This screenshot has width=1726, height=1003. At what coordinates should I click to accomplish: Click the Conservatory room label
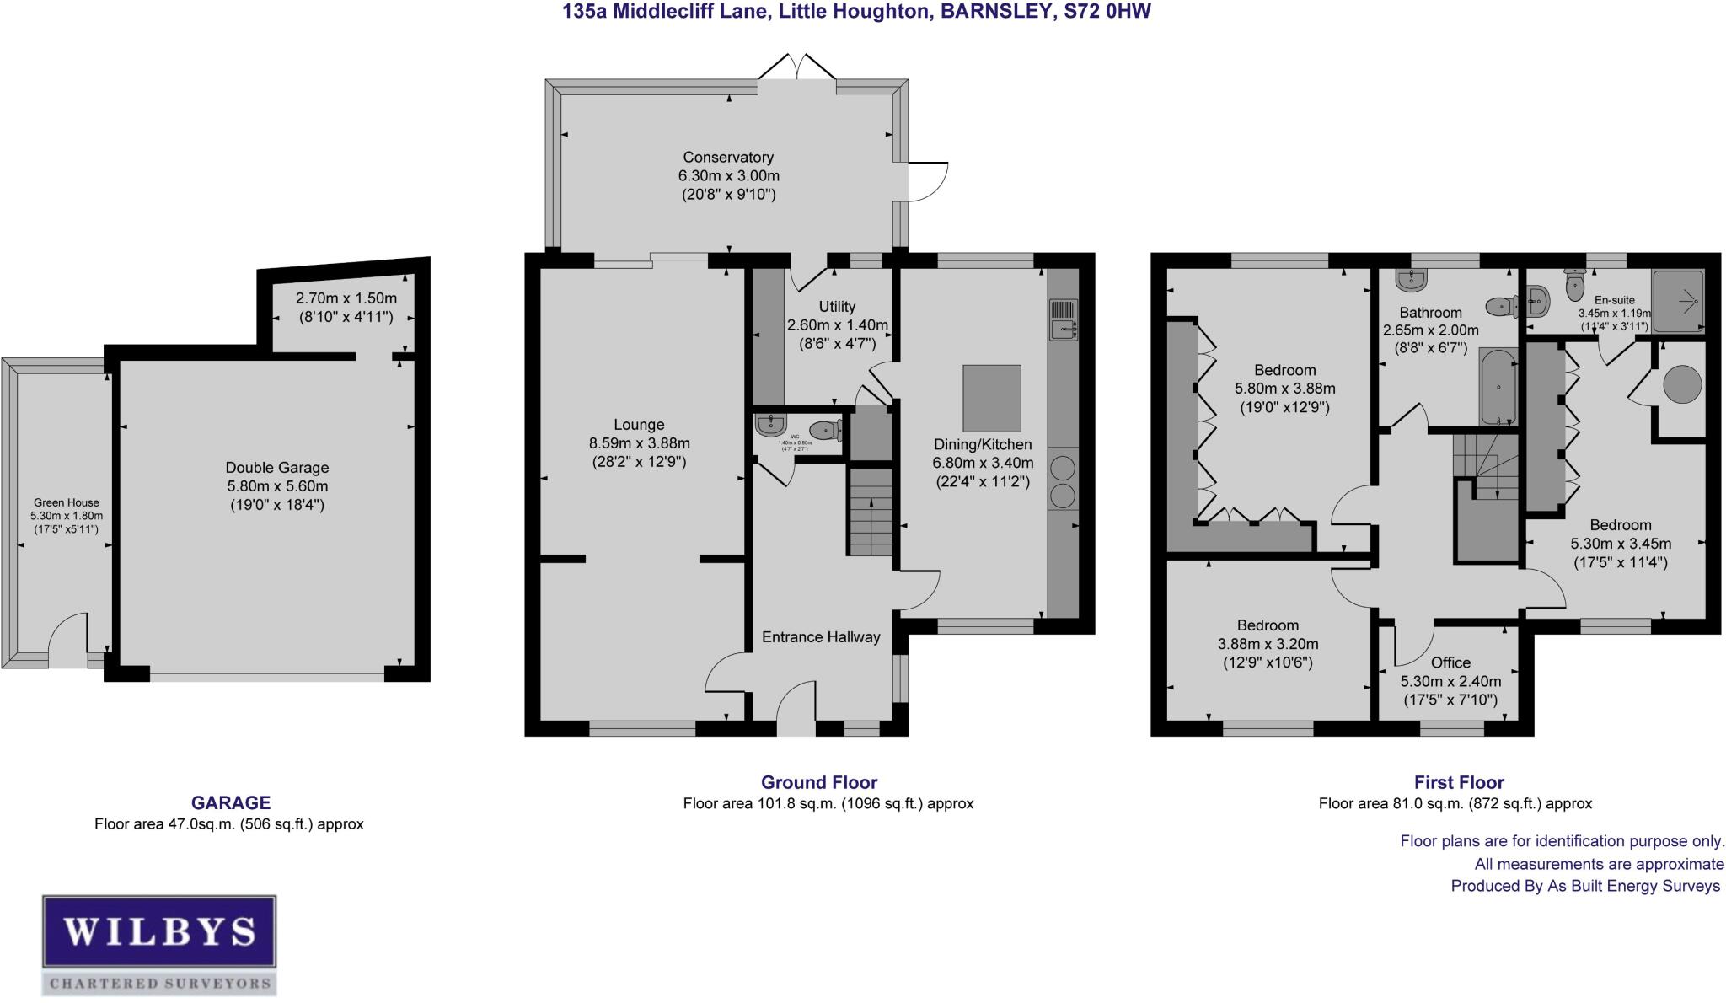point(728,158)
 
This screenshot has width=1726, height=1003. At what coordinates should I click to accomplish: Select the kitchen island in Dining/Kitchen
point(992,398)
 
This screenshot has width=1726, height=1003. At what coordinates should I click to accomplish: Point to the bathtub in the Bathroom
point(1498,389)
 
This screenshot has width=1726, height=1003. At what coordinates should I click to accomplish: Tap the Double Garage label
point(276,468)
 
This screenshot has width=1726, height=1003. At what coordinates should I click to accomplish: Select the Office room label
point(1450,662)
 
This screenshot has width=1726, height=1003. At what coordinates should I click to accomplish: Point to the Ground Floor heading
point(818,782)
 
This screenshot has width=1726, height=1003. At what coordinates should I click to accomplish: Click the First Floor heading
point(1459,782)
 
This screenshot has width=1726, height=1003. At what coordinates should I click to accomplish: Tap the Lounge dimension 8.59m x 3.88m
point(639,443)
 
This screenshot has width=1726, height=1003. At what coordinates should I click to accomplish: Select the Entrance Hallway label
point(820,637)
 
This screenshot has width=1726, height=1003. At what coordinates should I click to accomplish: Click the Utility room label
point(837,307)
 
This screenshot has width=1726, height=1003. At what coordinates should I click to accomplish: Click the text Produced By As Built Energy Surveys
point(1584,886)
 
